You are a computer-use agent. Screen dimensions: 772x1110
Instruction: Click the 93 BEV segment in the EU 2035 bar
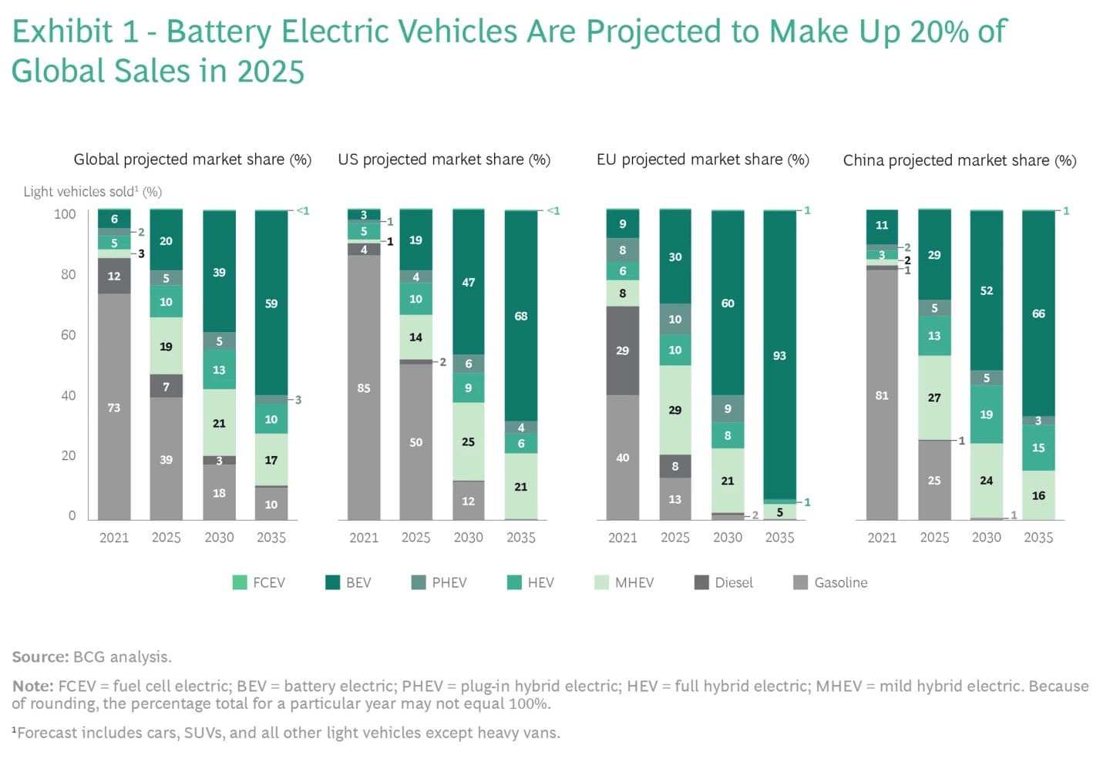(779, 355)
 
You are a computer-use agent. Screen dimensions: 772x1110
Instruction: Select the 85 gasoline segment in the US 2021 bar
(364, 388)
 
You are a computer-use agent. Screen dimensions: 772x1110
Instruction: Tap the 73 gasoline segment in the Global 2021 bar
(114, 407)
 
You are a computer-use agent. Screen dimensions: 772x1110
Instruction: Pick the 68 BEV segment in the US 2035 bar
(521, 316)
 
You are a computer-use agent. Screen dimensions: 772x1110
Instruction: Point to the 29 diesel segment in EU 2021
(623, 351)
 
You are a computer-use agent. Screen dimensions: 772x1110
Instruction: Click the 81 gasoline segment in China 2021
(882, 395)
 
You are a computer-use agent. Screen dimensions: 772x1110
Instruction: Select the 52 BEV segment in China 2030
(987, 290)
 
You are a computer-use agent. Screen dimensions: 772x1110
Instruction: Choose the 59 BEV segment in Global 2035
(271, 303)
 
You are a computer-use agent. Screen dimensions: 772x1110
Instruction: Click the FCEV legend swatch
(240, 582)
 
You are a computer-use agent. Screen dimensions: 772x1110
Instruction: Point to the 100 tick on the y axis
(65, 213)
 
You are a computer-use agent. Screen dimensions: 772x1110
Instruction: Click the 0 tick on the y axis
(72, 515)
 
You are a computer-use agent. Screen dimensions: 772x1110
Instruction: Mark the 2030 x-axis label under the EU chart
(727, 537)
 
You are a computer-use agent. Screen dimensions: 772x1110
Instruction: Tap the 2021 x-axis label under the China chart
(882, 537)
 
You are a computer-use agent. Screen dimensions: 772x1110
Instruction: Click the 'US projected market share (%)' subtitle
(444, 159)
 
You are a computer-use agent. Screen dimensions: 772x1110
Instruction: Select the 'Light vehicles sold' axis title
(92, 192)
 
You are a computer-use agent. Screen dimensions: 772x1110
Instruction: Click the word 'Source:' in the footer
(40, 656)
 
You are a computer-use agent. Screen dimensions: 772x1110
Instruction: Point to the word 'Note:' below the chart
(32, 686)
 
